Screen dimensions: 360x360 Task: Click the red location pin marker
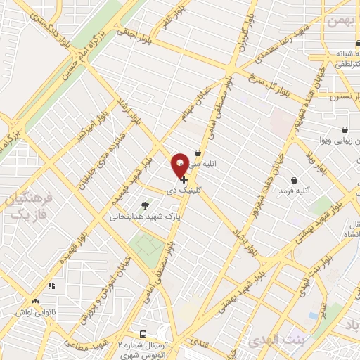click(x=180, y=165)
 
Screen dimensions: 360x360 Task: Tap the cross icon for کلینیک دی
click(x=184, y=180)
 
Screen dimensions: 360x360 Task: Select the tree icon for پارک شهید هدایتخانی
click(x=145, y=205)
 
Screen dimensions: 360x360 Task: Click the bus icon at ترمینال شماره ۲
click(x=143, y=335)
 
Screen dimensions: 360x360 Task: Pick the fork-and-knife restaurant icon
click(x=51, y=286)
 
